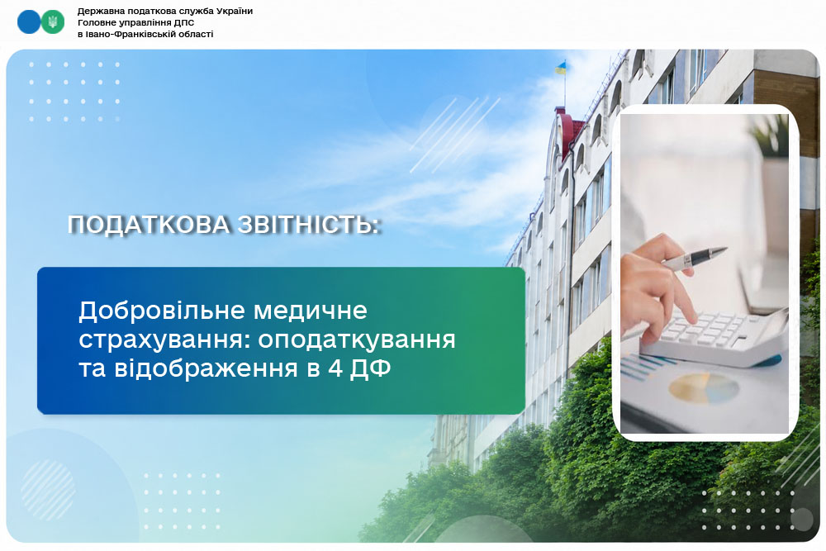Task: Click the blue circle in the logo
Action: point(28,22)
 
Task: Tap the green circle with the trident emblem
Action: point(53,22)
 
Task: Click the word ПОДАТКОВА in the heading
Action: point(149,225)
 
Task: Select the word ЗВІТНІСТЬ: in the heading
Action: point(308,225)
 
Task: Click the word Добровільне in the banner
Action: point(162,311)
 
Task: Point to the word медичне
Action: point(311,311)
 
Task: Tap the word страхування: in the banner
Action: point(164,340)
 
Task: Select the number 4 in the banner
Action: point(335,368)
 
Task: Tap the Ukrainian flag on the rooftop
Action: point(561,68)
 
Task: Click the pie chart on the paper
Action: point(703,389)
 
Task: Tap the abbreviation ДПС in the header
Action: point(184,22)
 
